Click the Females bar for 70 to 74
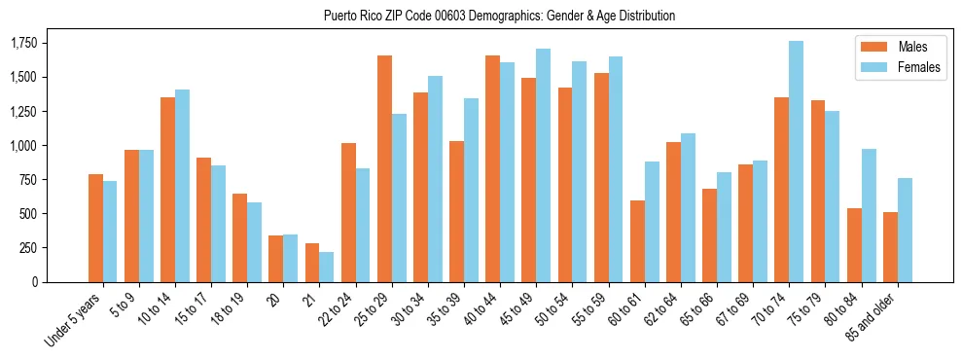[x=796, y=162]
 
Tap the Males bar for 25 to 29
[x=384, y=168]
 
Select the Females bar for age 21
[x=327, y=267]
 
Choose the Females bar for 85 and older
[x=905, y=230]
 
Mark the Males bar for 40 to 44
[x=493, y=168]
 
